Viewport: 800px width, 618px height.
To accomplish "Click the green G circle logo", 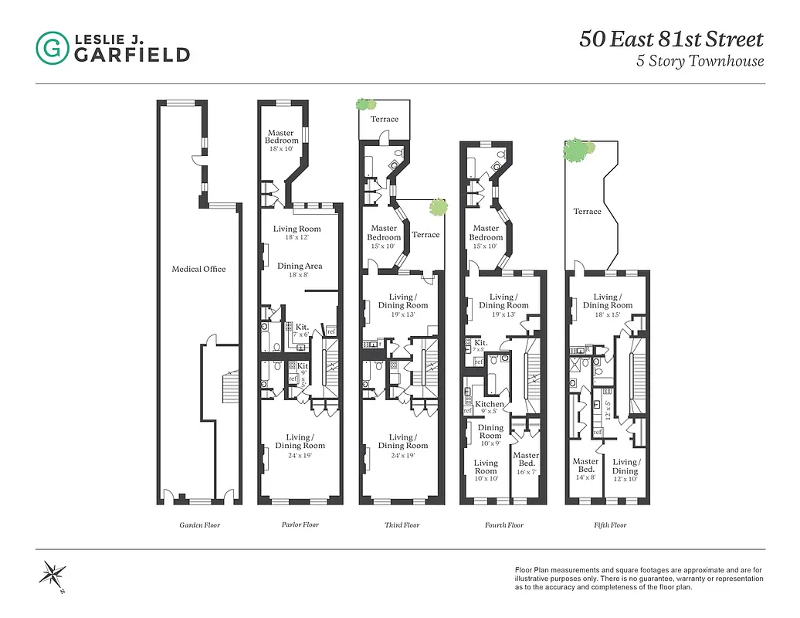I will tap(52, 47).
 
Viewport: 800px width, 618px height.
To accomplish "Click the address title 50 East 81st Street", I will tap(671, 39).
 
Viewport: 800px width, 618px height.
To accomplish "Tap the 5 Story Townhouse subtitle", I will tap(700, 62).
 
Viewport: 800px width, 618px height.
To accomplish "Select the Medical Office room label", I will tap(198, 269).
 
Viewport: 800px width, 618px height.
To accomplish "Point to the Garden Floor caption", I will tap(199, 525).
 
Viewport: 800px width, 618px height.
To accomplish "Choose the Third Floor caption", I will tap(402, 525).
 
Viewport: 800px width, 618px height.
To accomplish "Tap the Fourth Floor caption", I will tap(505, 525).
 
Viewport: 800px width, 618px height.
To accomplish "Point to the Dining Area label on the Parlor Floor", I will tap(300, 266).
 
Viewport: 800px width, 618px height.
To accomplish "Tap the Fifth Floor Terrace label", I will tap(587, 211).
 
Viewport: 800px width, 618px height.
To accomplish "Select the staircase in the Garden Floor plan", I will tap(229, 384).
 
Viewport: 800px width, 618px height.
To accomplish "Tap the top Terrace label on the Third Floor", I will tap(384, 119).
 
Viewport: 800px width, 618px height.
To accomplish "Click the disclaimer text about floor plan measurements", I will tap(639, 578).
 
